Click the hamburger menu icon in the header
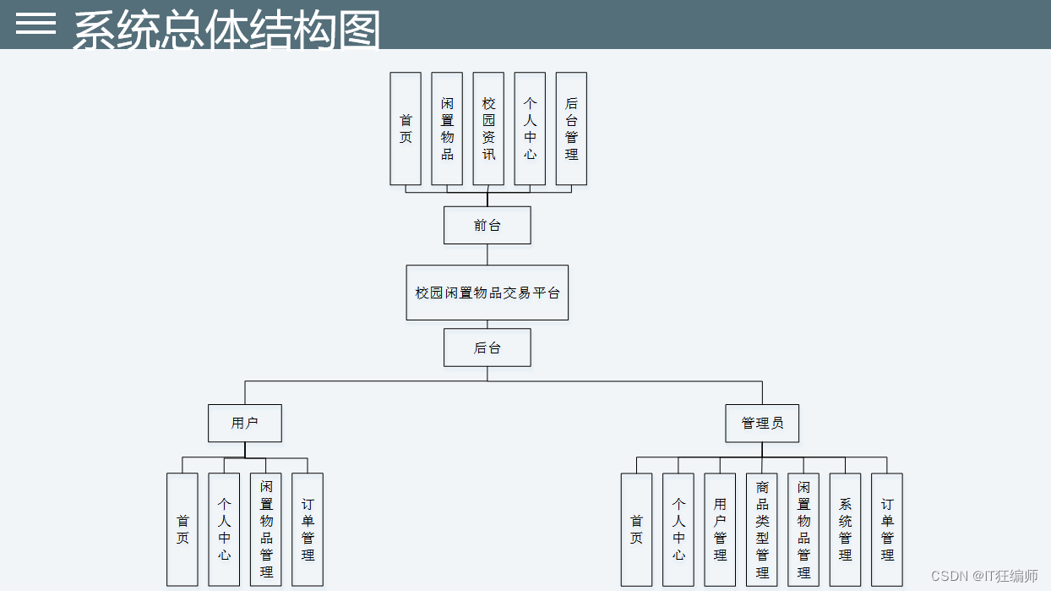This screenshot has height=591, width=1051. [x=35, y=24]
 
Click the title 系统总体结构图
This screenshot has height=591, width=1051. [x=226, y=30]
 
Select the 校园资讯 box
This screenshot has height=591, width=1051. [x=488, y=129]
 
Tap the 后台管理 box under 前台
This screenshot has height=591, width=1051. [x=571, y=129]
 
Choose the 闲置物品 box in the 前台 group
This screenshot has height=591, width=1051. [x=447, y=129]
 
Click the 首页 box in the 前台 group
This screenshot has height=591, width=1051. [x=406, y=129]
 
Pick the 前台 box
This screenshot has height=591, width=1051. [x=487, y=226]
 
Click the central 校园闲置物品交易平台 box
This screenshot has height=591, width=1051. [x=487, y=293]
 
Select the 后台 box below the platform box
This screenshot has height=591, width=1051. [x=487, y=347]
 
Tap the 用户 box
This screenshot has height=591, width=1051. [x=245, y=424]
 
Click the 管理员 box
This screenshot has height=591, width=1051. [x=762, y=424]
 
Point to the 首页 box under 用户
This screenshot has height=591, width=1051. [x=182, y=529]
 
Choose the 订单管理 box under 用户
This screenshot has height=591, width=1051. [x=308, y=529]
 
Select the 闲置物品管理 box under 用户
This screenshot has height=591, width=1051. [x=266, y=529]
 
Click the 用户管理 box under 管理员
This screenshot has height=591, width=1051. [x=720, y=529]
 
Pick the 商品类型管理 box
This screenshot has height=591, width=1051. [x=762, y=529]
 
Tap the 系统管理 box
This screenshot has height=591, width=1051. [x=845, y=529]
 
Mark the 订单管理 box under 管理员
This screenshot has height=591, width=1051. [x=887, y=529]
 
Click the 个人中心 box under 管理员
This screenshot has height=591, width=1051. [x=678, y=529]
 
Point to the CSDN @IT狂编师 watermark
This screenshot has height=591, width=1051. [x=984, y=576]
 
